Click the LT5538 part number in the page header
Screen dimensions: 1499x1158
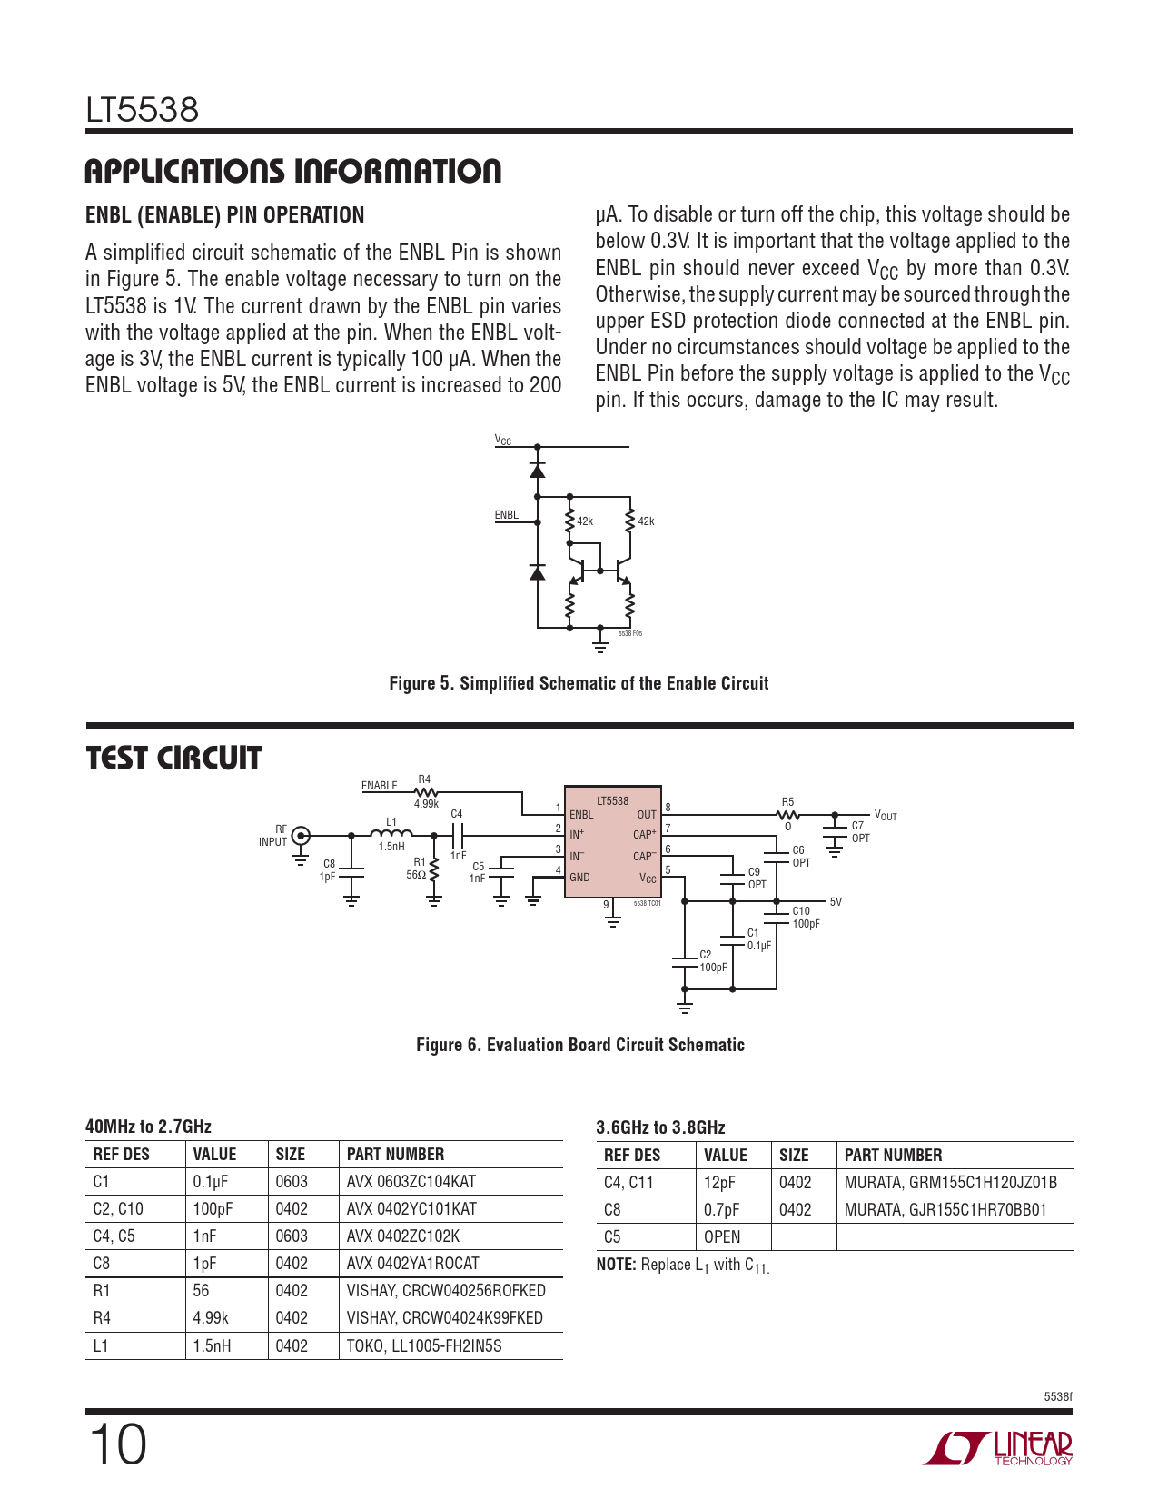tap(142, 110)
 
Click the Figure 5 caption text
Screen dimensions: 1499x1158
tap(579, 683)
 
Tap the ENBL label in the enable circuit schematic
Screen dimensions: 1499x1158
tap(506, 515)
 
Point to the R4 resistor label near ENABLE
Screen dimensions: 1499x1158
tap(424, 779)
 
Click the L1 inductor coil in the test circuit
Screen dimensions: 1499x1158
tap(391, 833)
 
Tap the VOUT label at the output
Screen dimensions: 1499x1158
tap(885, 816)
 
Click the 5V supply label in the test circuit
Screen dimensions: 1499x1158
tap(836, 902)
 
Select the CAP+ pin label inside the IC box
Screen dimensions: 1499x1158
tap(644, 834)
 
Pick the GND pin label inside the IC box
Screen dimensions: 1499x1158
tap(579, 878)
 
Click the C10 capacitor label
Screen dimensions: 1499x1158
tap(801, 911)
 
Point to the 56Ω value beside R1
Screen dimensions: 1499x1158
tap(416, 875)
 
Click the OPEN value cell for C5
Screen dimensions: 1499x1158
tap(722, 1237)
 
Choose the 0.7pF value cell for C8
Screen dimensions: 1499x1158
tap(722, 1210)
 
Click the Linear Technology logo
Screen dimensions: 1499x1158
tap(998, 1448)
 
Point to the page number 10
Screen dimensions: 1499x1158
tap(118, 1444)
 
